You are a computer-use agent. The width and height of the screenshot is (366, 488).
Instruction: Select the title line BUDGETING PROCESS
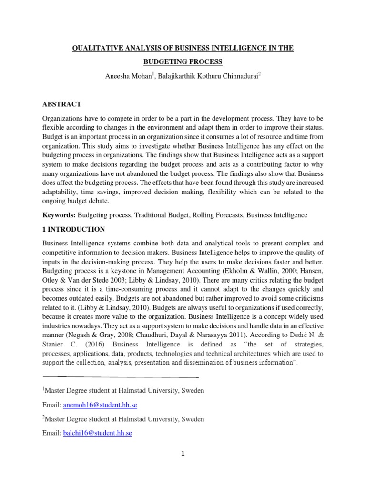183,62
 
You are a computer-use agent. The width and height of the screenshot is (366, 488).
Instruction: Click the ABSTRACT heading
62,104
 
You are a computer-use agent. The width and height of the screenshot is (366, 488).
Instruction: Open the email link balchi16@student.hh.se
98,433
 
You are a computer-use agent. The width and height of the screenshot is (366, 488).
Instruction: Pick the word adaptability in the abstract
61,192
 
